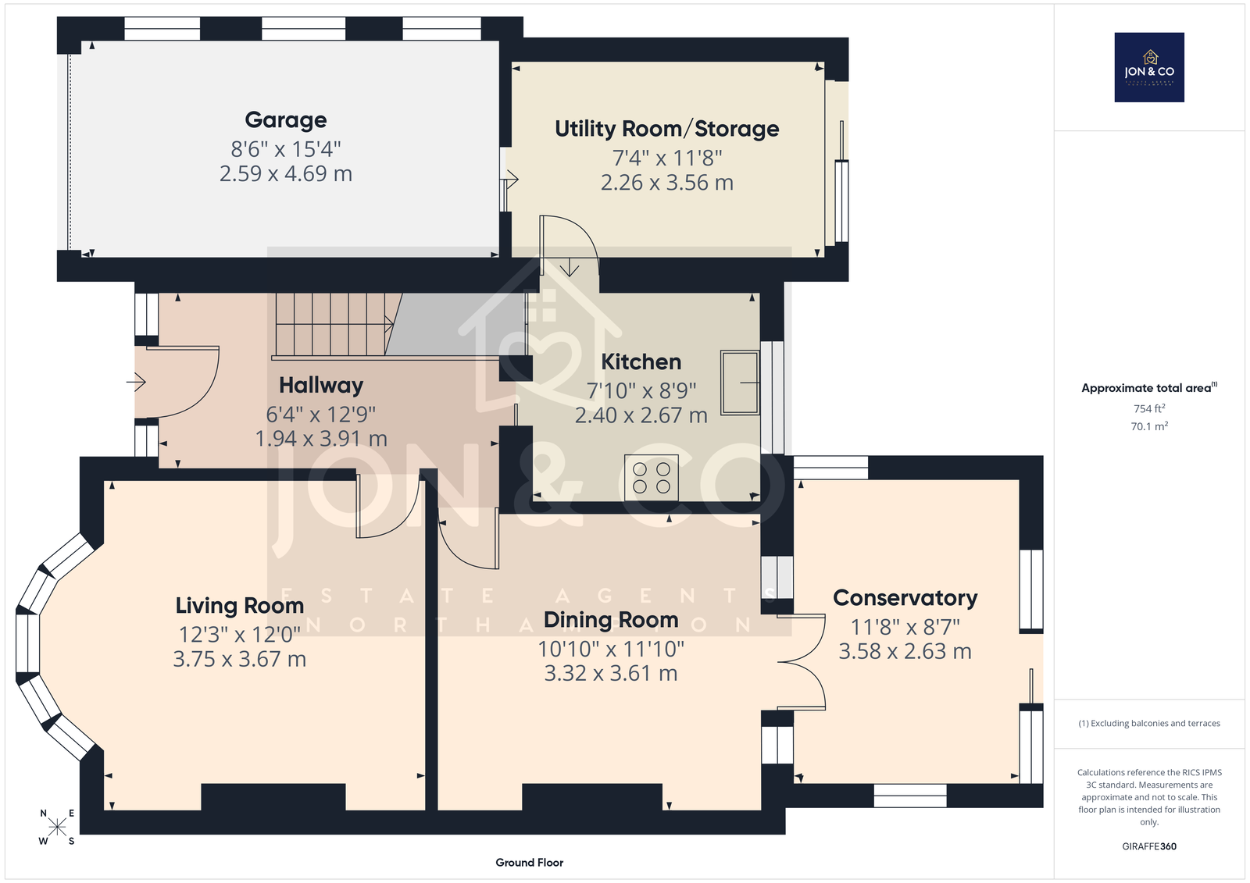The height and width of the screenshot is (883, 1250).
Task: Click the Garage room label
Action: pyautogui.click(x=286, y=120)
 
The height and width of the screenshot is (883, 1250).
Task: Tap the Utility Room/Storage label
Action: pyautogui.click(x=667, y=129)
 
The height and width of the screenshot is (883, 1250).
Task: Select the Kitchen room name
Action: pyautogui.click(x=641, y=362)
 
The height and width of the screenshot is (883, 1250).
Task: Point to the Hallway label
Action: pyautogui.click(x=321, y=386)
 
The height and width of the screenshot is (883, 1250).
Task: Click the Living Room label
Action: pyautogui.click(x=239, y=606)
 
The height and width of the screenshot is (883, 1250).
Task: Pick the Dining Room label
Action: pyautogui.click(x=611, y=620)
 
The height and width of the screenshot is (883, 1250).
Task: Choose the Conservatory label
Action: pyautogui.click(x=905, y=598)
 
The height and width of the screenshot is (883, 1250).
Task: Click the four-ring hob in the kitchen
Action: pyautogui.click(x=652, y=478)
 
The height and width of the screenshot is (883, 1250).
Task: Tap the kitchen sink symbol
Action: pyautogui.click(x=740, y=383)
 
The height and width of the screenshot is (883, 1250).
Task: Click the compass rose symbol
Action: pyautogui.click(x=57, y=827)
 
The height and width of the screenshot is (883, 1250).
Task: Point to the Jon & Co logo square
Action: pyautogui.click(x=1149, y=67)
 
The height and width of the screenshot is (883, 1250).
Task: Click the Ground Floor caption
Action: pyautogui.click(x=529, y=863)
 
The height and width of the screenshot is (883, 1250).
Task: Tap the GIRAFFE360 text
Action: pyautogui.click(x=1149, y=846)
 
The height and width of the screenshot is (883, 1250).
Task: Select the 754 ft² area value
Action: pyautogui.click(x=1149, y=408)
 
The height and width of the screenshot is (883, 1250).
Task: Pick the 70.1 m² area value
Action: pyautogui.click(x=1149, y=426)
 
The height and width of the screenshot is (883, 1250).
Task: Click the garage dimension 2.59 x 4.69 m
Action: pyautogui.click(x=286, y=173)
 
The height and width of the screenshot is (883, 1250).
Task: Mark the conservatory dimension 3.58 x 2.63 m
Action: pyautogui.click(x=905, y=651)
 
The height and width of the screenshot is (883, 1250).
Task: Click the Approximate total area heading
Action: pyautogui.click(x=1149, y=388)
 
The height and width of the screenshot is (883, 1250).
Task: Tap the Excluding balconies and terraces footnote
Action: pyautogui.click(x=1149, y=724)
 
